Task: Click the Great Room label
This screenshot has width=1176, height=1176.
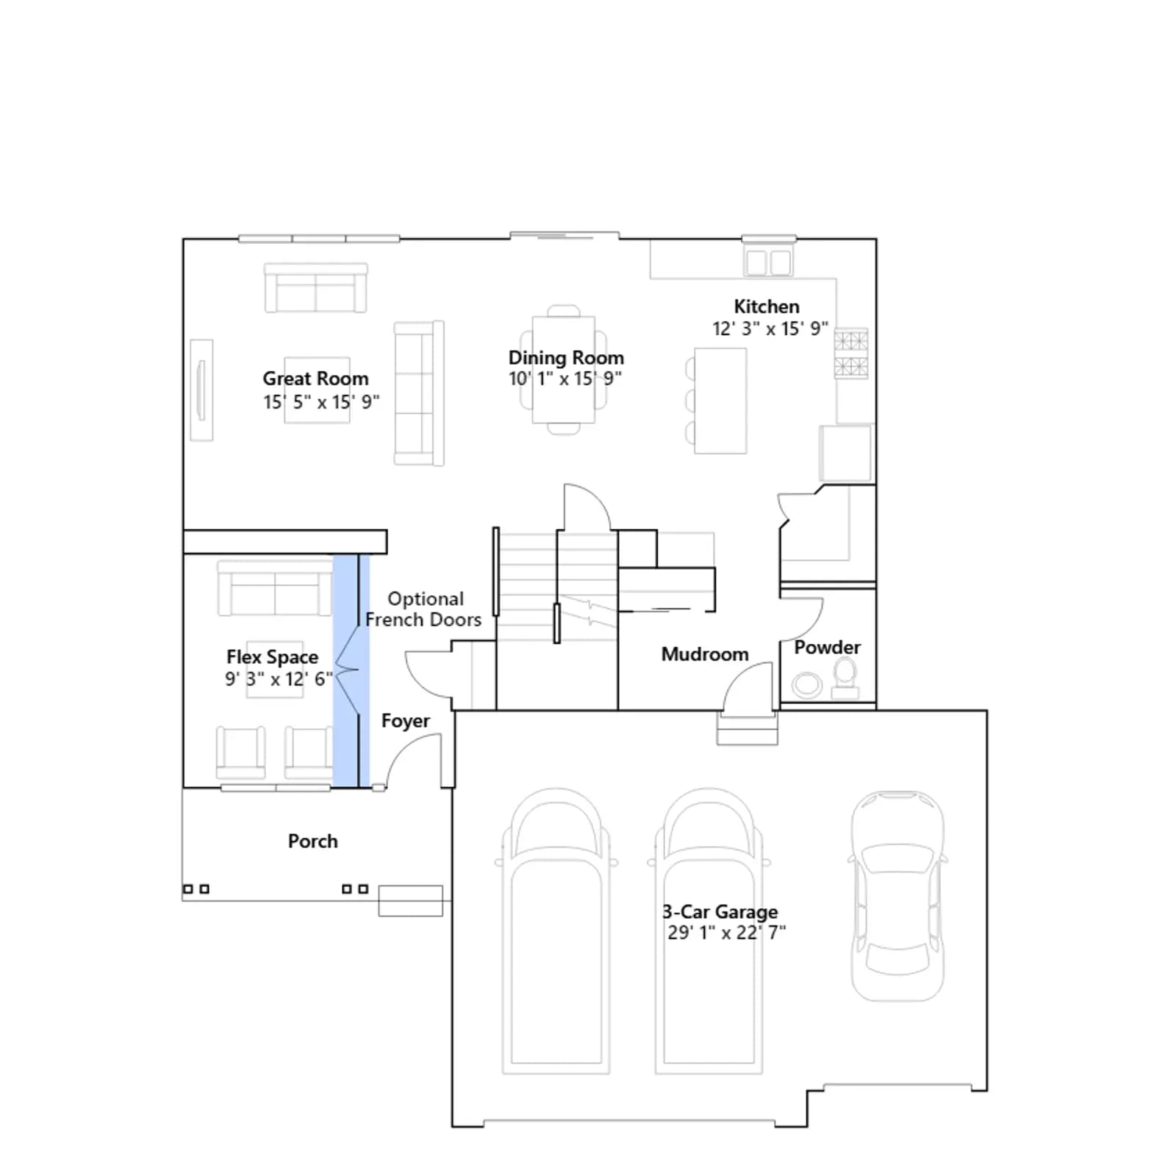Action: pyautogui.click(x=315, y=379)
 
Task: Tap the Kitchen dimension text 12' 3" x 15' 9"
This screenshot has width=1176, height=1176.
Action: pyautogui.click(x=770, y=329)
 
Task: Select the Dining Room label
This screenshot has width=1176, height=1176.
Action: pyautogui.click(x=566, y=358)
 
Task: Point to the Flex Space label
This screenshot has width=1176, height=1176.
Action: pyautogui.click(x=272, y=657)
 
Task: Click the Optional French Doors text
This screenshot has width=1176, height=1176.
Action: pyautogui.click(x=424, y=609)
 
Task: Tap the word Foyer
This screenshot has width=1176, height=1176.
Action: pyautogui.click(x=406, y=721)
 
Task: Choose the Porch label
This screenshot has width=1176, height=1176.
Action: pyautogui.click(x=313, y=841)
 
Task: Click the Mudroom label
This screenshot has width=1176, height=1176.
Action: pyautogui.click(x=705, y=654)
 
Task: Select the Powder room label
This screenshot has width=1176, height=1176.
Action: pyautogui.click(x=827, y=648)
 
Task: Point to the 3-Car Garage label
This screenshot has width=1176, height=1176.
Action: pyautogui.click(x=720, y=912)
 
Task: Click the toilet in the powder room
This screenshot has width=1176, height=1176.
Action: pyautogui.click(x=845, y=678)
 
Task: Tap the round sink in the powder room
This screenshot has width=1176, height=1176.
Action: pyautogui.click(x=807, y=685)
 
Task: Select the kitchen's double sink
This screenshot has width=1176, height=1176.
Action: pyautogui.click(x=768, y=262)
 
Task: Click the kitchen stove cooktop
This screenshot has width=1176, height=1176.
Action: pyautogui.click(x=851, y=354)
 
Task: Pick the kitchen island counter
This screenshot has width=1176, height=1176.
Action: pyautogui.click(x=720, y=401)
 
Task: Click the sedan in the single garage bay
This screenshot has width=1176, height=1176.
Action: pyautogui.click(x=897, y=896)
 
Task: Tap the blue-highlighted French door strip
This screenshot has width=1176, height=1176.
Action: pyautogui.click(x=351, y=670)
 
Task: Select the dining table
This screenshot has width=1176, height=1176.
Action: pyautogui.click(x=564, y=370)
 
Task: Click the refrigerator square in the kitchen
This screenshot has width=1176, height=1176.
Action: pyautogui.click(x=846, y=453)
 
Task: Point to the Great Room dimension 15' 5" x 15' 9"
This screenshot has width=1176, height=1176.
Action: pyautogui.click(x=321, y=402)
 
